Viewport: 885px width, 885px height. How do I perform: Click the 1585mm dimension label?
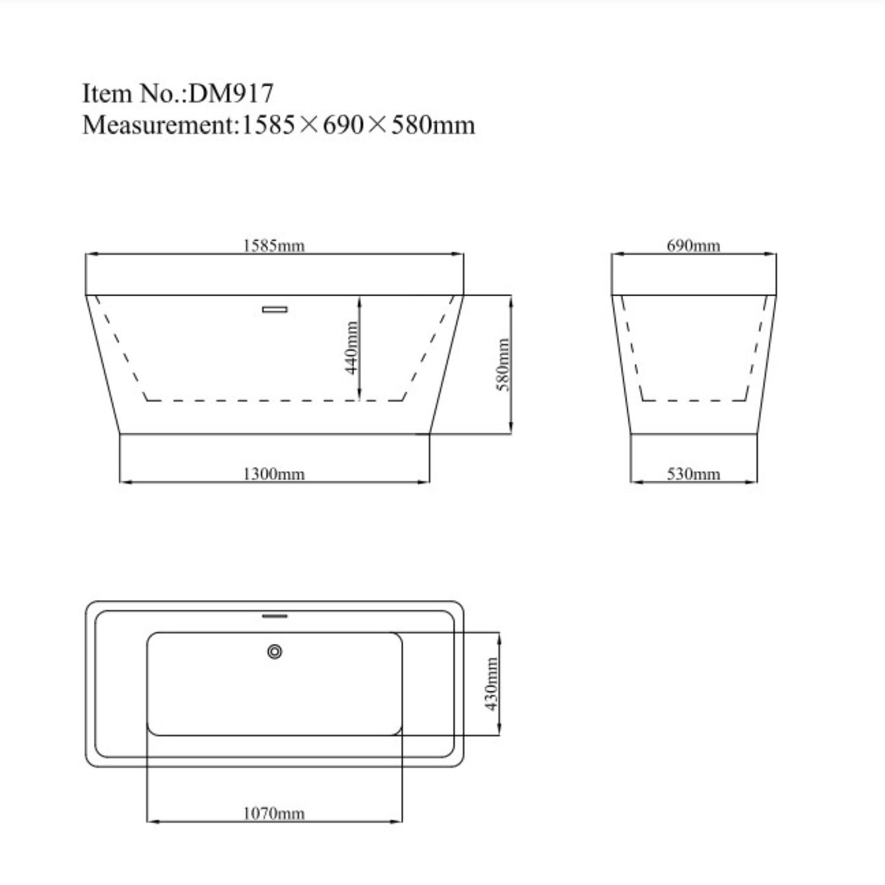274,245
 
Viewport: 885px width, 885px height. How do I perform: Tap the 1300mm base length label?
274,474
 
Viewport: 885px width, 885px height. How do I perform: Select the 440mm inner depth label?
352,348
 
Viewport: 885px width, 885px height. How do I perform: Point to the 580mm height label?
503,364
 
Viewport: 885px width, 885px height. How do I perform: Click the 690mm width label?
693,245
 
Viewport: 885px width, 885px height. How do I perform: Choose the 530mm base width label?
693,474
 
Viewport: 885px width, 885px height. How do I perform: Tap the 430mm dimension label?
491,684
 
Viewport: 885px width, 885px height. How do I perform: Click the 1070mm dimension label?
274,813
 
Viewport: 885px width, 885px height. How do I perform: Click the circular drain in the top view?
274,651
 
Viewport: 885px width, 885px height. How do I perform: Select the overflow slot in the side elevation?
274,309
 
